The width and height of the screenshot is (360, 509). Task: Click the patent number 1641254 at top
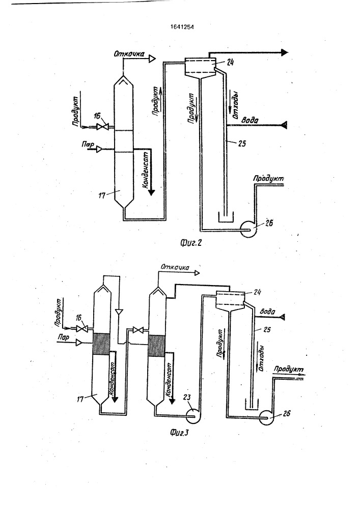(x=182, y=27)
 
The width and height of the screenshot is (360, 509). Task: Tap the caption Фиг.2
(x=191, y=242)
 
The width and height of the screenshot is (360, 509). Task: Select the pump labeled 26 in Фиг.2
(x=248, y=229)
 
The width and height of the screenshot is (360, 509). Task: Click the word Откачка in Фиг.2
(x=129, y=53)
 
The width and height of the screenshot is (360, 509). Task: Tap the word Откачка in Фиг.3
(x=175, y=267)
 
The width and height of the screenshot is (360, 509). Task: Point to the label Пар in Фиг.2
(x=87, y=144)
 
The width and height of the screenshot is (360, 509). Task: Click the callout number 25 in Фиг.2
(x=242, y=143)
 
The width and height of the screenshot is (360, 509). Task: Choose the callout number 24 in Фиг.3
(x=257, y=292)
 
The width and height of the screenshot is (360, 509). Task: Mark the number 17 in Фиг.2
(x=102, y=195)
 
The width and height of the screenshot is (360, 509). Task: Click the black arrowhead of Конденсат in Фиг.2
(x=151, y=192)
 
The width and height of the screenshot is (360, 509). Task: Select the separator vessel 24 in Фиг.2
(x=201, y=67)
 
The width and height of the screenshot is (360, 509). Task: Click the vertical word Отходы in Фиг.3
(x=261, y=358)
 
